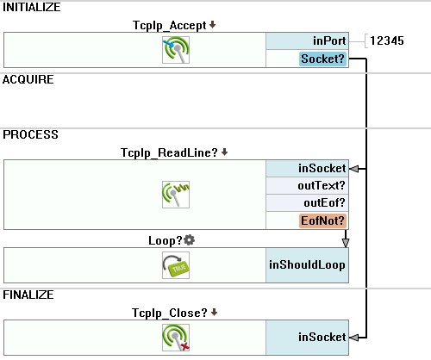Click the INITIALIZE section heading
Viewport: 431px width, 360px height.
tap(32, 7)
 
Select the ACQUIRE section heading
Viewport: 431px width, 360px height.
tap(28, 79)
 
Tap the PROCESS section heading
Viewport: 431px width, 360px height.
tap(30, 134)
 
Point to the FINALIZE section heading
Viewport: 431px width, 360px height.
tap(28, 295)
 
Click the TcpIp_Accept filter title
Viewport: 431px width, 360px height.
tap(169, 26)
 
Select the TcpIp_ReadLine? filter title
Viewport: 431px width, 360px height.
tap(169, 152)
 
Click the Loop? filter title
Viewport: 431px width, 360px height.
tap(166, 240)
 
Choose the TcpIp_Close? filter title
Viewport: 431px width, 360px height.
tap(170, 313)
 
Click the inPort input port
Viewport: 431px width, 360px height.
tap(307, 40)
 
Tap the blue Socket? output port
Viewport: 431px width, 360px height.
tap(322, 59)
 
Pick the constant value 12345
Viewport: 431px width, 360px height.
tap(387, 40)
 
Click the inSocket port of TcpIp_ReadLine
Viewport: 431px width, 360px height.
tap(307, 168)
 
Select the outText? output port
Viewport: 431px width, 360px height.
tap(307, 185)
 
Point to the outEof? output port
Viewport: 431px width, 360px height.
tap(307, 202)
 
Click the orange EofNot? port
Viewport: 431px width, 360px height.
tap(322, 220)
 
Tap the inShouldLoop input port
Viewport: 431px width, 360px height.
tap(307, 265)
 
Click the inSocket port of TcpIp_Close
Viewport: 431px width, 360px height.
tap(307, 338)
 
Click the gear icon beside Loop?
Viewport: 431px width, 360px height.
tap(189, 240)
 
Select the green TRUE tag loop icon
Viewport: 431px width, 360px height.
tap(176, 265)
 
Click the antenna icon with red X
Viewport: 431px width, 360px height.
tap(176, 338)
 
